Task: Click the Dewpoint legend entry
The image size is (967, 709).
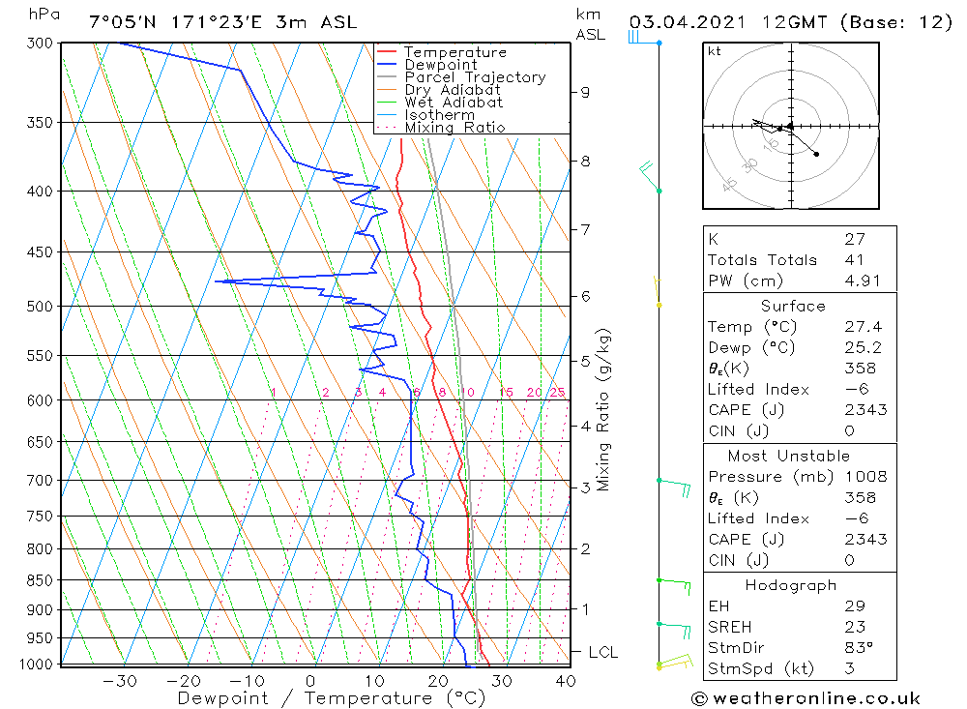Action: (x=441, y=65)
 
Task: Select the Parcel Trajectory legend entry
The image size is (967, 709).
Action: (x=475, y=77)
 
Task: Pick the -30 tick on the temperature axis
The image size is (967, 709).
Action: (x=119, y=681)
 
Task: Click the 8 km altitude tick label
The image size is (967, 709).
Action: (x=585, y=162)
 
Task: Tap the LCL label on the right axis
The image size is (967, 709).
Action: (x=602, y=653)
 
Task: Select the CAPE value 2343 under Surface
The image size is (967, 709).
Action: (x=864, y=410)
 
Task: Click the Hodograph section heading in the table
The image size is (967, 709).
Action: (x=790, y=585)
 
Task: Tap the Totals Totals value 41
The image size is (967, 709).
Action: (x=854, y=260)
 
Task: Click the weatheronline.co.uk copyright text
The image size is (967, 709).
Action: (x=806, y=698)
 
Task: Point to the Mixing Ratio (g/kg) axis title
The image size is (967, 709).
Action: (x=604, y=409)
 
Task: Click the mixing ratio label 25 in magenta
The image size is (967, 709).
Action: (x=557, y=392)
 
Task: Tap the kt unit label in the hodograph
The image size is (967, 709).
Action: (x=714, y=51)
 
